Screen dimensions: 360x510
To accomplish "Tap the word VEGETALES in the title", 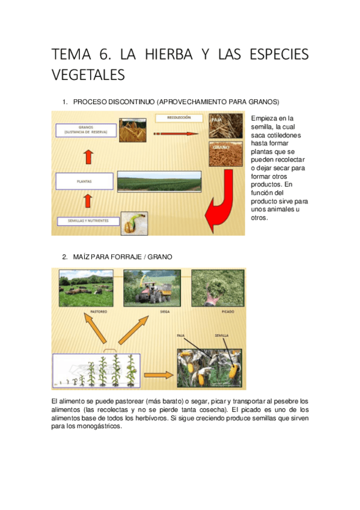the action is tap(88, 75).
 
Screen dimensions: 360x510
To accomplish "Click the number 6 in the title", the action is tap(100, 55).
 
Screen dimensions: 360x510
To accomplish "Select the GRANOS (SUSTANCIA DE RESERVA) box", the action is tap(85, 130).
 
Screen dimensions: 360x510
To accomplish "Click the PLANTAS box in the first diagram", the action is tap(84, 180).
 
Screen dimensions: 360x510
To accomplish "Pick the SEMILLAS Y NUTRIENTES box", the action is tap(84, 221).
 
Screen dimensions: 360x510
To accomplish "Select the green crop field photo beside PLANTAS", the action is tap(159, 181).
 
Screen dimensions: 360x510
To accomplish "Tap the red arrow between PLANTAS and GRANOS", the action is tap(88, 156).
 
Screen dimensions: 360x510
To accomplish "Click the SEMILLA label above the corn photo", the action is tap(222, 336).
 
